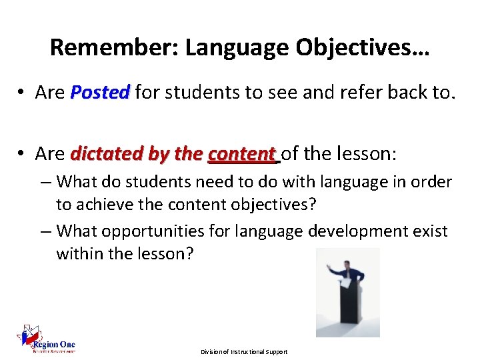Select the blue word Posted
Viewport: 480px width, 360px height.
[x=100, y=93]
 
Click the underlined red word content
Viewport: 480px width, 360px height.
[x=242, y=155]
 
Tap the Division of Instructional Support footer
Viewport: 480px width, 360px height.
[x=244, y=351]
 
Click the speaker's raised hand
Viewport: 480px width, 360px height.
[x=328, y=265]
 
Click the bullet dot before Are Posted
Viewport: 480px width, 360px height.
[x=23, y=93]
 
